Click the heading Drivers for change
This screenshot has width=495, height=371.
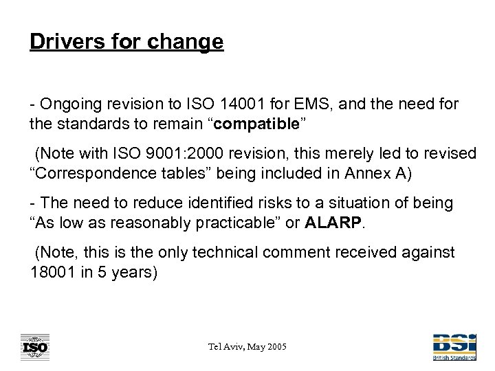(x=126, y=42)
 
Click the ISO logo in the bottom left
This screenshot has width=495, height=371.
(x=34, y=347)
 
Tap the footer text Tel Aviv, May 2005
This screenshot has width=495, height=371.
(x=247, y=348)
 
